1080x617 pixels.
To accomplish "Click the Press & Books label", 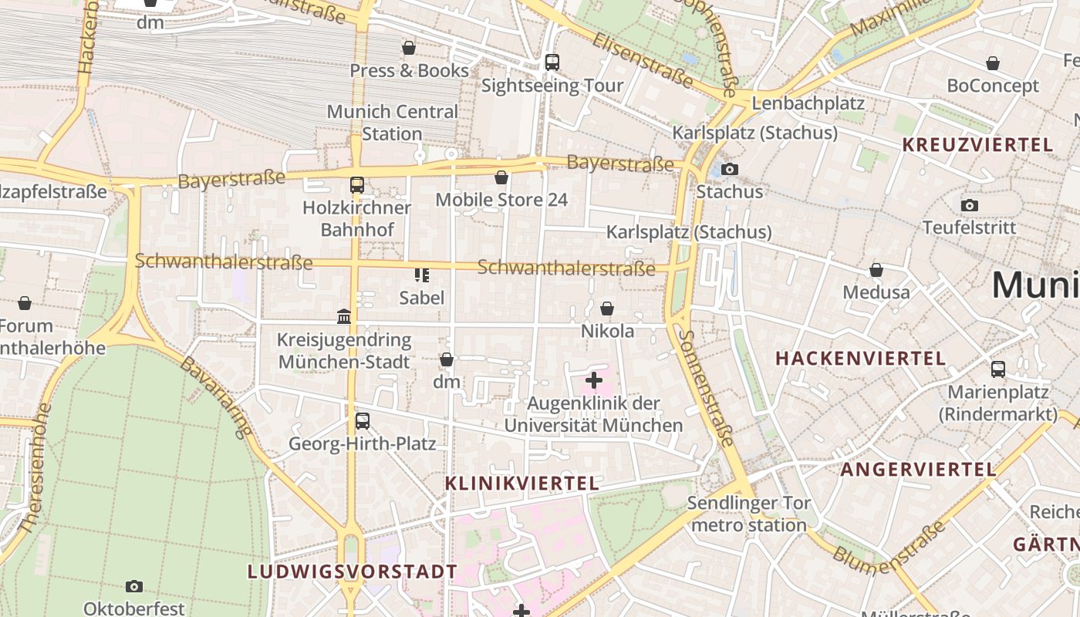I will click(x=409, y=71).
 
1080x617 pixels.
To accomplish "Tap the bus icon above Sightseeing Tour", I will click(x=552, y=62).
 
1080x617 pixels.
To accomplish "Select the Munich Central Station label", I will click(x=392, y=122).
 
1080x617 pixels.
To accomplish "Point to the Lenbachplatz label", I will click(x=808, y=103).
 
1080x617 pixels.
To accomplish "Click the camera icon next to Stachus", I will click(x=729, y=169).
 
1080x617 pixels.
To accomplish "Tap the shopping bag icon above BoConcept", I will click(x=993, y=63).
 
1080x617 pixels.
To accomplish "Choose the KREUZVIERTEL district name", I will click(x=977, y=145).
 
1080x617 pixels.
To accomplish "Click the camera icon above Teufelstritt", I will click(x=970, y=205).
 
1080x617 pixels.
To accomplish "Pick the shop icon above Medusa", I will click(x=876, y=270).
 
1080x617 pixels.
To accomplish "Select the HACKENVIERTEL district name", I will click(x=860, y=359).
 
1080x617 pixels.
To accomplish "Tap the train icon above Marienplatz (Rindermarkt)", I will click(x=997, y=369).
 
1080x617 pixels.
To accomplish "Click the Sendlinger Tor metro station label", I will click(x=748, y=514).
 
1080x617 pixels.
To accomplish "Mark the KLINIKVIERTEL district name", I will click(x=521, y=484).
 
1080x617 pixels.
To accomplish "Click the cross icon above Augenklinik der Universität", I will click(x=594, y=379).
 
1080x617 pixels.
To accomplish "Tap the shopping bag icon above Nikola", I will click(x=607, y=308).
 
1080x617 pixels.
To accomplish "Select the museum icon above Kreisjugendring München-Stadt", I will click(x=344, y=317).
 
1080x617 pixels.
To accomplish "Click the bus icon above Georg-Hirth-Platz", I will click(x=362, y=421).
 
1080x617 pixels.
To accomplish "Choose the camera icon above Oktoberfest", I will click(x=134, y=586).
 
